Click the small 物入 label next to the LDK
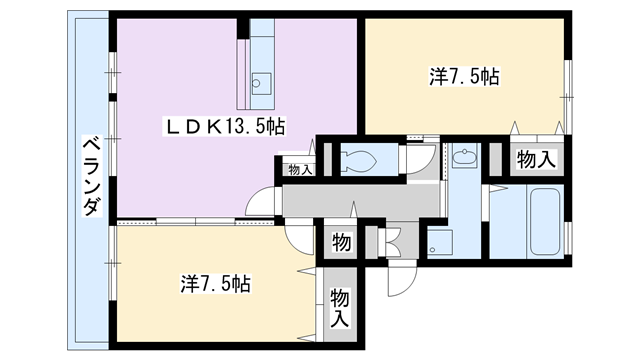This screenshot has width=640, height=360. pos(299,170)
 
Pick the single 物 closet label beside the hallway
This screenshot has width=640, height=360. pos(340,242)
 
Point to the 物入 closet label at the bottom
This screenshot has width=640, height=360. pos(340,306)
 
